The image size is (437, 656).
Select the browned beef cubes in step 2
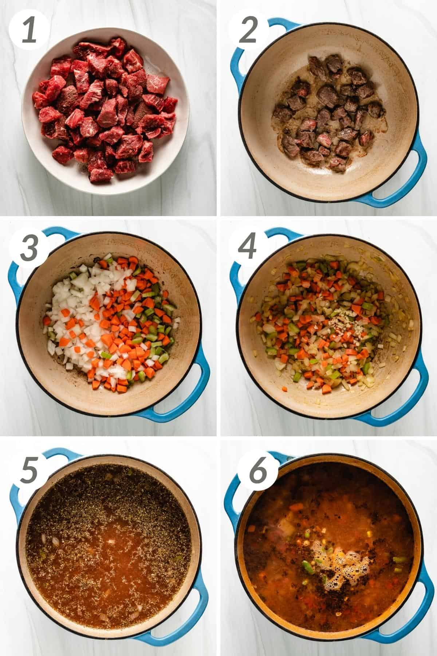324,113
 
